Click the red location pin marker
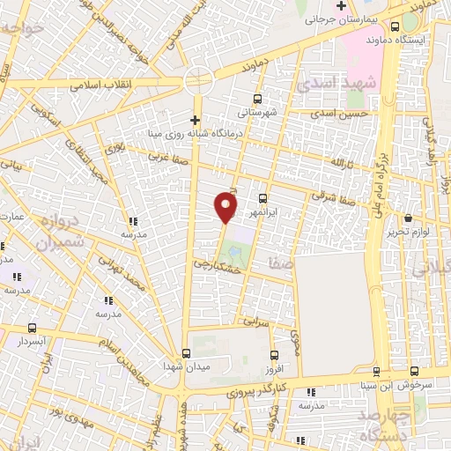(225, 206)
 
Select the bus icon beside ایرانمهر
(263, 197)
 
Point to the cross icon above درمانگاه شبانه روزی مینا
(196, 120)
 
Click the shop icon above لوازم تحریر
(407, 218)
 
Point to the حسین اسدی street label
(343, 114)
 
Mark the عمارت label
(11, 216)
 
